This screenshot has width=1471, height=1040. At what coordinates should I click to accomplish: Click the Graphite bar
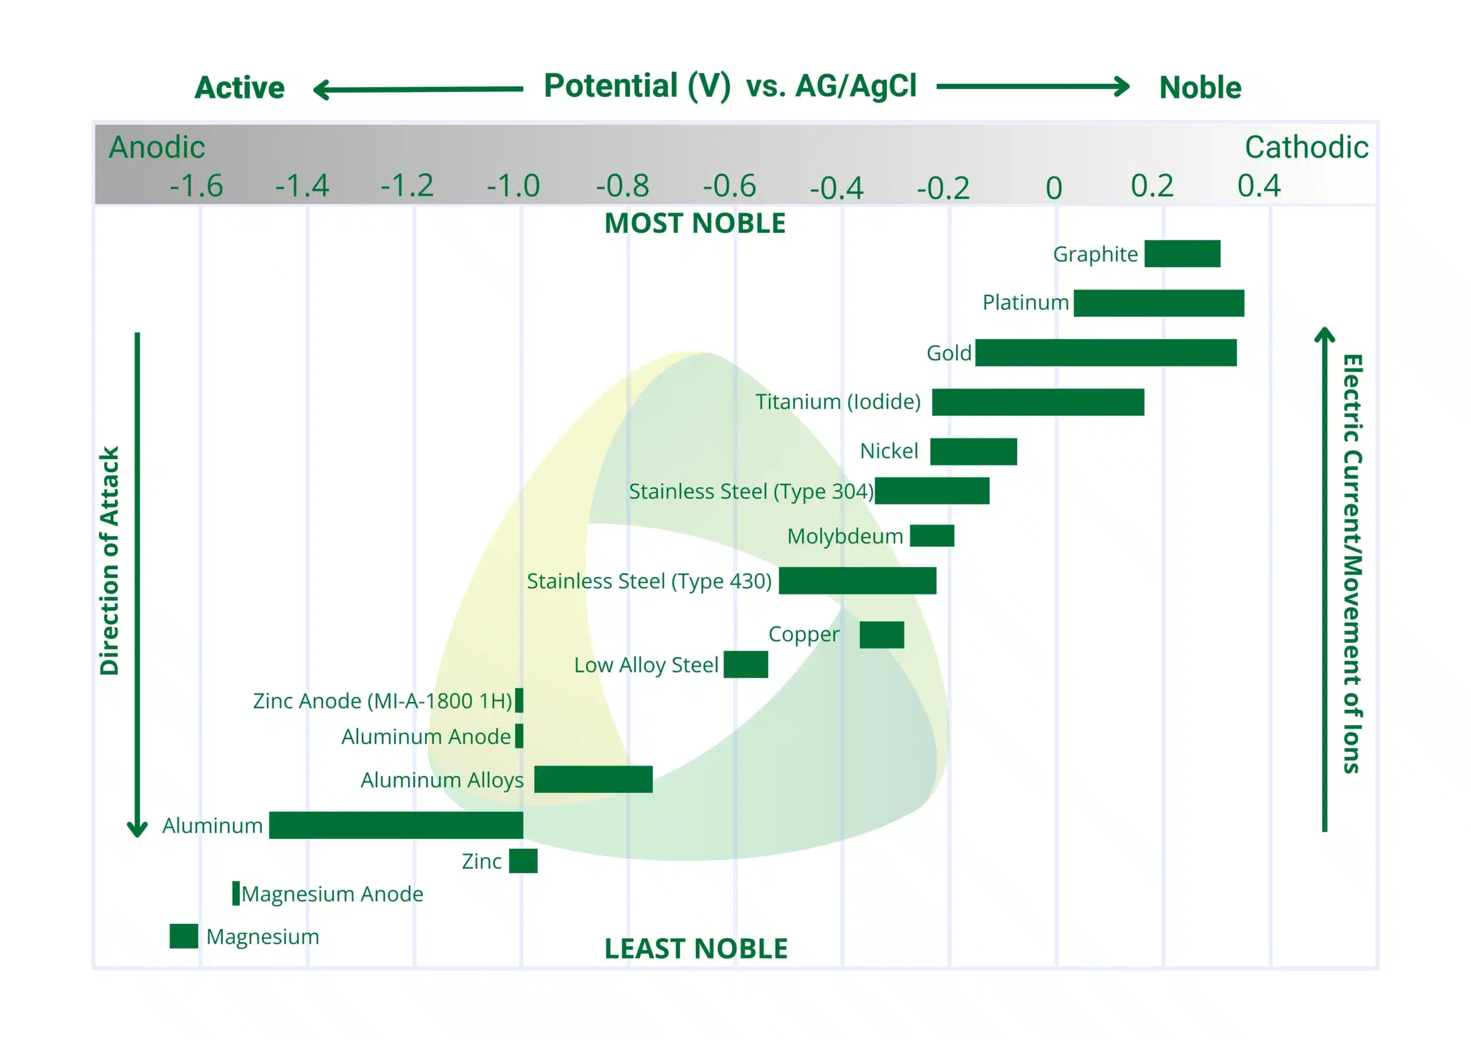coord(1182,254)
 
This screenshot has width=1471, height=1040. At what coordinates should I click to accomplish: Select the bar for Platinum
coord(1158,303)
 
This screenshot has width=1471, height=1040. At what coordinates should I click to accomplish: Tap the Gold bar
coord(1105,352)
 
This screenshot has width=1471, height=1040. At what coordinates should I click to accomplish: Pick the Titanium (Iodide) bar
coord(1037,402)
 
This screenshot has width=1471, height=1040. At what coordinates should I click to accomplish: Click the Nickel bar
coord(973,452)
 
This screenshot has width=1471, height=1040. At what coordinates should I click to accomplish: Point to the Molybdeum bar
coord(931,536)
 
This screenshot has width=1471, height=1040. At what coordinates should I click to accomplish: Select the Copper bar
coord(881,634)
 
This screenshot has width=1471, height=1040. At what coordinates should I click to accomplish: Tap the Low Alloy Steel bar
coord(745,664)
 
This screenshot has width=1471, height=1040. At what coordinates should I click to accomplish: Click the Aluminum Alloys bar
coord(592,779)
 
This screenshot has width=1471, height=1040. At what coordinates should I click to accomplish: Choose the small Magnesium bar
coord(183,935)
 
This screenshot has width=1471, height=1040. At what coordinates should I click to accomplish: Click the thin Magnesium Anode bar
coord(236,893)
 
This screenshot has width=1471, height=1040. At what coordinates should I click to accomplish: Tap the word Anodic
coord(156,148)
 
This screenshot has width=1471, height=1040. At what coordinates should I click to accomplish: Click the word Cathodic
coord(1306,148)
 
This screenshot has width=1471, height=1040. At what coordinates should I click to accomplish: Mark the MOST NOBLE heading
coord(695,224)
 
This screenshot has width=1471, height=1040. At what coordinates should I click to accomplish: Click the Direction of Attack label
coord(110,561)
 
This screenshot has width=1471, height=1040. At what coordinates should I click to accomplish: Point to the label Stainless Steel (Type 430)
coord(648,581)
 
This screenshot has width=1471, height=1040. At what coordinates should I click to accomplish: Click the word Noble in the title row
coord(1200,88)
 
